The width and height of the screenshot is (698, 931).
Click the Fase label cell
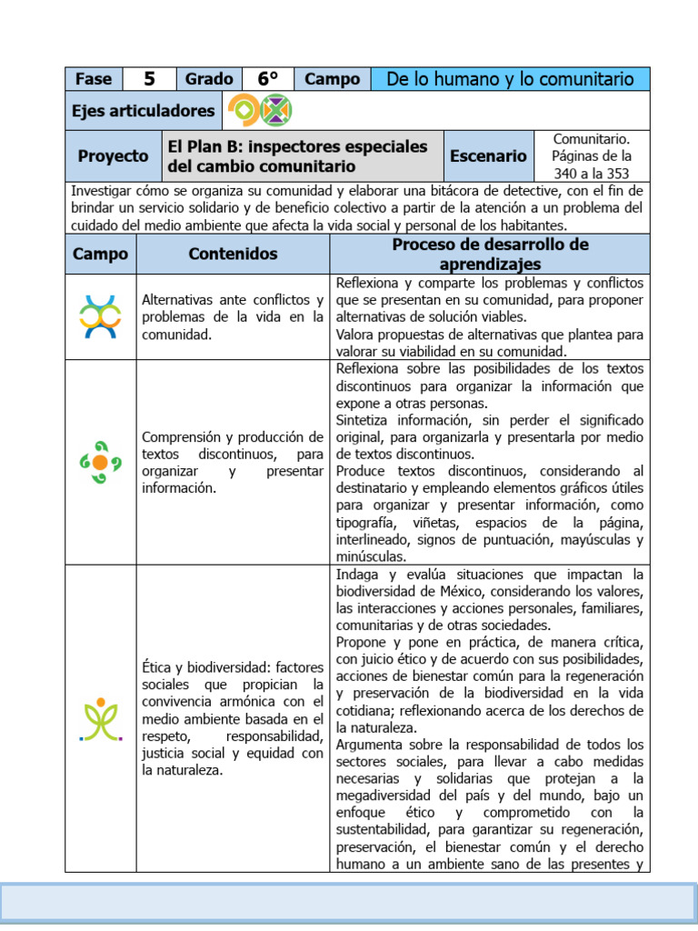(94, 79)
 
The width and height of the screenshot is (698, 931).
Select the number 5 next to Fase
(149, 79)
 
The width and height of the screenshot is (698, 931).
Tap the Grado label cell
(209, 79)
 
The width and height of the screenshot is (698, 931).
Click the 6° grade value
(267, 79)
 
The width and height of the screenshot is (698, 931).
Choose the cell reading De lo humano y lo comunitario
(510, 79)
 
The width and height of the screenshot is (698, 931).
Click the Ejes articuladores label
(144, 111)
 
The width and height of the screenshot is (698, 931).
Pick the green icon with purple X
(275, 111)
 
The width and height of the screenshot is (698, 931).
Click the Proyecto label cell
(113, 155)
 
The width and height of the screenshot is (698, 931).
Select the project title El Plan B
(296, 155)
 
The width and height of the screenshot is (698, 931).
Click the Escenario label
(488, 155)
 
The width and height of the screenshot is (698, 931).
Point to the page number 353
(617, 173)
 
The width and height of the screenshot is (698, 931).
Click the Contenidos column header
(233, 254)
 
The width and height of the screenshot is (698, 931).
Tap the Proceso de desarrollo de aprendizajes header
(490, 254)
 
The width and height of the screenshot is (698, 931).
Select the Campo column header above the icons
(100, 254)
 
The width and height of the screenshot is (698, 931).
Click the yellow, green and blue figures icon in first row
(100, 316)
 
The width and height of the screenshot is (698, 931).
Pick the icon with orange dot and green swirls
(100, 462)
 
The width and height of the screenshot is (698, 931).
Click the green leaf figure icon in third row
(100, 719)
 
